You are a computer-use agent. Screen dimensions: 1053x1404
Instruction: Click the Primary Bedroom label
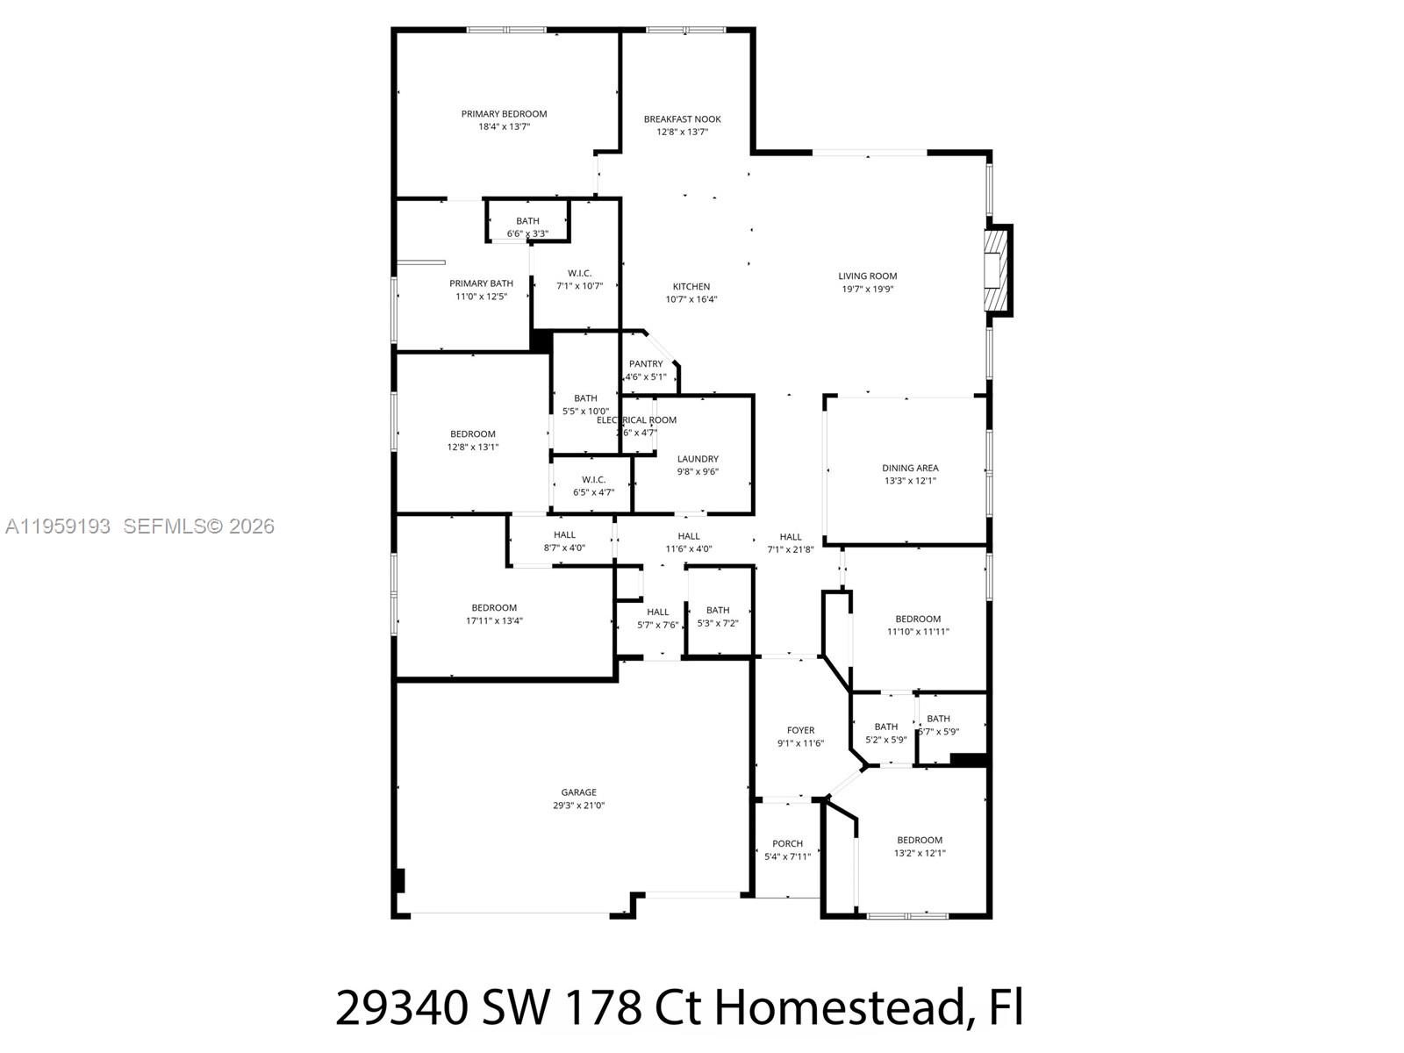pyautogui.click(x=504, y=114)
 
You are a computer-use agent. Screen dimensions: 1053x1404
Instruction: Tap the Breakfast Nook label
pyautogui.click(x=682, y=119)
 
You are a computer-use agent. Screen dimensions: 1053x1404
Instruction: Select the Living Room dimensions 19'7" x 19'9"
pyautogui.click(x=867, y=289)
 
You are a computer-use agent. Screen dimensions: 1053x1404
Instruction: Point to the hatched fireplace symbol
pyautogui.click(x=995, y=270)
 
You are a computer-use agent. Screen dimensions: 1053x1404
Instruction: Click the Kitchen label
pyautogui.click(x=691, y=287)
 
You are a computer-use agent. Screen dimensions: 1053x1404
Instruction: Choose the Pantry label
pyautogui.click(x=646, y=364)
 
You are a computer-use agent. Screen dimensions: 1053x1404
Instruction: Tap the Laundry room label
pyautogui.click(x=698, y=459)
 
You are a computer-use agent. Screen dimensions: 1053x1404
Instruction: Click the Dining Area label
pyautogui.click(x=910, y=468)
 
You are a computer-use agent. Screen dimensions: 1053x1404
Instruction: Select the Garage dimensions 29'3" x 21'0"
pyautogui.click(x=578, y=806)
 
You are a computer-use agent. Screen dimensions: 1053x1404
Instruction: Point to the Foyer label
pyautogui.click(x=800, y=730)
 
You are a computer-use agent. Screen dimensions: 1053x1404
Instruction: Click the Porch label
pyautogui.click(x=787, y=844)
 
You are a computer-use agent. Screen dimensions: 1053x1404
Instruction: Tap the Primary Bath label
pyautogui.click(x=481, y=283)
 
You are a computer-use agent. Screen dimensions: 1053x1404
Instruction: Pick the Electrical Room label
pyautogui.click(x=637, y=420)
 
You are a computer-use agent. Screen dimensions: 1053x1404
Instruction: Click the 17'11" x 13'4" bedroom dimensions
pyautogui.click(x=494, y=620)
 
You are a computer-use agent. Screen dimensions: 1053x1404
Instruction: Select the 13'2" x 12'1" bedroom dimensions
pyautogui.click(x=920, y=853)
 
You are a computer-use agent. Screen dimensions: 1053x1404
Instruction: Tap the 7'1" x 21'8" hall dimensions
pyautogui.click(x=790, y=550)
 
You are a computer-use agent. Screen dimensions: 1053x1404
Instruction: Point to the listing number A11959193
pyautogui.click(x=58, y=526)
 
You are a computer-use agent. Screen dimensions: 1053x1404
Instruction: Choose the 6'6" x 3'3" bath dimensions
pyautogui.click(x=527, y=233)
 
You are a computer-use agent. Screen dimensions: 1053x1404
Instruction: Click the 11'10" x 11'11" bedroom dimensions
pyautogui.click(x=918, y=632)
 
